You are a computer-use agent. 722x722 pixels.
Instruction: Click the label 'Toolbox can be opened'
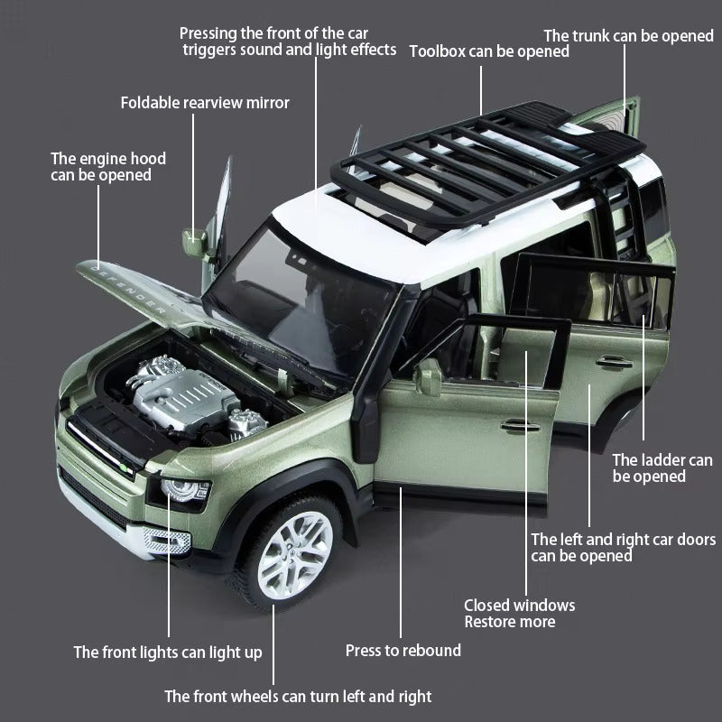click(489, 51)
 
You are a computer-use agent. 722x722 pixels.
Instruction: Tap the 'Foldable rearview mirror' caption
click(205, 103)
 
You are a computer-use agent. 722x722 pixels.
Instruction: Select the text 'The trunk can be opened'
click(628, 36)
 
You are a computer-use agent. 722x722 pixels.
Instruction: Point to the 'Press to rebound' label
click(403, 651)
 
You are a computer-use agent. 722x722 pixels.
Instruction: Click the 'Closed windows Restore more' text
click(519, 614)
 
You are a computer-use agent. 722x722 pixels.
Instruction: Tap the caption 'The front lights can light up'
click(168, 653)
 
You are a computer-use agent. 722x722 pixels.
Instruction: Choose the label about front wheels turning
click(298, 697)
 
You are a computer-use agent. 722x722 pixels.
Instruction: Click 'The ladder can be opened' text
click(662, 468)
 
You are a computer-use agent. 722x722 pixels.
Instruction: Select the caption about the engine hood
click(108, 167)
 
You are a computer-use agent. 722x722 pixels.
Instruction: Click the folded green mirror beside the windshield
click(195, 244)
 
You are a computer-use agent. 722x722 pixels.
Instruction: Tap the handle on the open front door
click(520, 425)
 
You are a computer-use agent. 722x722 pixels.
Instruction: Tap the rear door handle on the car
click(614, 362)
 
